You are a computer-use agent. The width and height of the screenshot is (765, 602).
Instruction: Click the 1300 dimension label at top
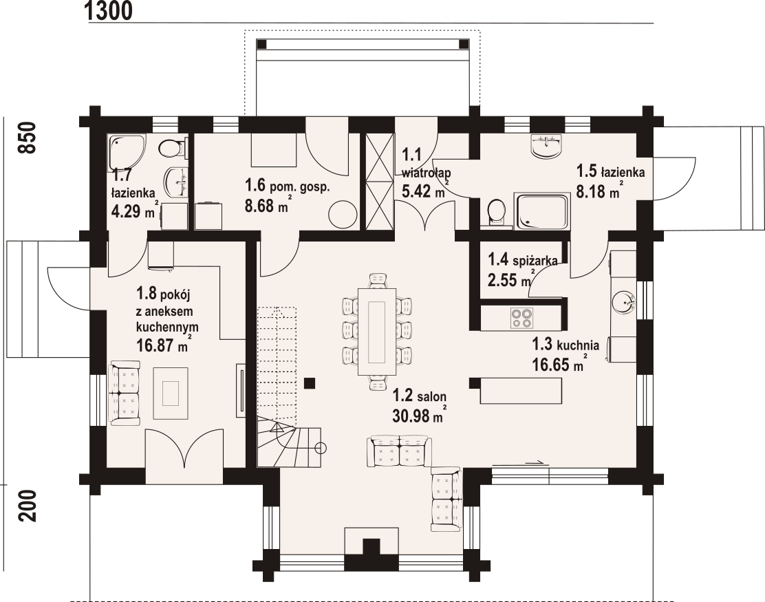click(x=108, y=11)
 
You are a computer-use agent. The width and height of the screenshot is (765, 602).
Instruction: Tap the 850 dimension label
click(x=28, y=138)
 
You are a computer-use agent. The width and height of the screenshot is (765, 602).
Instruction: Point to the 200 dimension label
click(x=28, y=506)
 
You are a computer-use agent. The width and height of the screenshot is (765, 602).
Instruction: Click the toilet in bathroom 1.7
click(x=172, y=148)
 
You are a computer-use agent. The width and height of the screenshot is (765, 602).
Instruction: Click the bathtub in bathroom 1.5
click(x=542, y=211)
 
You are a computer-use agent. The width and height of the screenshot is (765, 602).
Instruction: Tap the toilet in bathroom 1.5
click(x=497, y=213)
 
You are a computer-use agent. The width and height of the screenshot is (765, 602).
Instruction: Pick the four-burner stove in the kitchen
click(x=521, y=318)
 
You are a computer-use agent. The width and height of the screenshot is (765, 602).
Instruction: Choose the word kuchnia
click(x=578, y=345)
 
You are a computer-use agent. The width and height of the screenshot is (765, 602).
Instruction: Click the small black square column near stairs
click(x=310, y=383)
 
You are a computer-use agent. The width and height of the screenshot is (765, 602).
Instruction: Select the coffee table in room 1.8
click(x=171, y=394)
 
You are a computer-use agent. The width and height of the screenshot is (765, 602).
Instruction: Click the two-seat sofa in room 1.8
click(x=125, y=394)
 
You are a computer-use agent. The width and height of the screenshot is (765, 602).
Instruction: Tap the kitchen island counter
click(x=521, y=391)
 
